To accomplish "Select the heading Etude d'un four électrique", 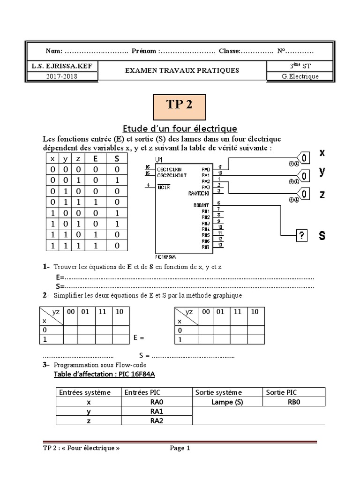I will coord(180,128).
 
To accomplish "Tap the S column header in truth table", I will coord(117,158).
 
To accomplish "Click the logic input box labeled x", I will coord(304,158).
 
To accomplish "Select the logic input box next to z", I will coord(304,194).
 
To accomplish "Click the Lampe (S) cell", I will coord(227,402).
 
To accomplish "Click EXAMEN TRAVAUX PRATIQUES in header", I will coord(182,71).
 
